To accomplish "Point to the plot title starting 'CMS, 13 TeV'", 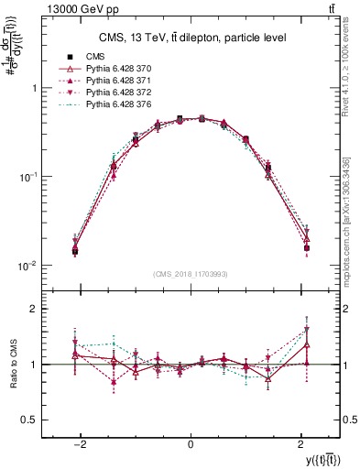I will [x=191, y=37].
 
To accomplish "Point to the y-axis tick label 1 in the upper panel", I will [x=33, y=89].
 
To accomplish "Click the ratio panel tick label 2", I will [x=33, y=310].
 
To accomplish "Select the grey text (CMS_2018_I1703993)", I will [x=191, y=274].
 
